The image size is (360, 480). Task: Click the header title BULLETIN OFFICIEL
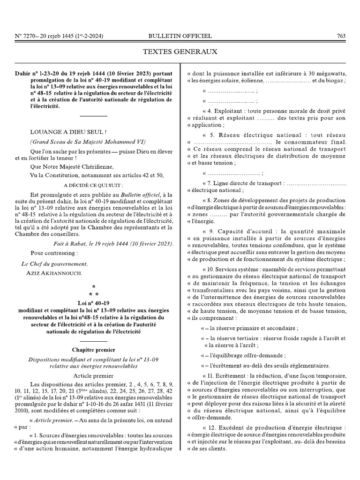(x=180, y=36)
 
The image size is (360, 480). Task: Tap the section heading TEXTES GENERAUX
(x=180, y=52)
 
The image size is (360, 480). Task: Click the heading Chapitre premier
(x=94, y=350)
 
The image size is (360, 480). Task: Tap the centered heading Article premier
(x=94, y=375)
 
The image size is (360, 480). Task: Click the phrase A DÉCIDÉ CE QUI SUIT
(x=87, y=185)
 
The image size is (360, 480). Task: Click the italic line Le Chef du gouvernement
(x=55, y=264)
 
